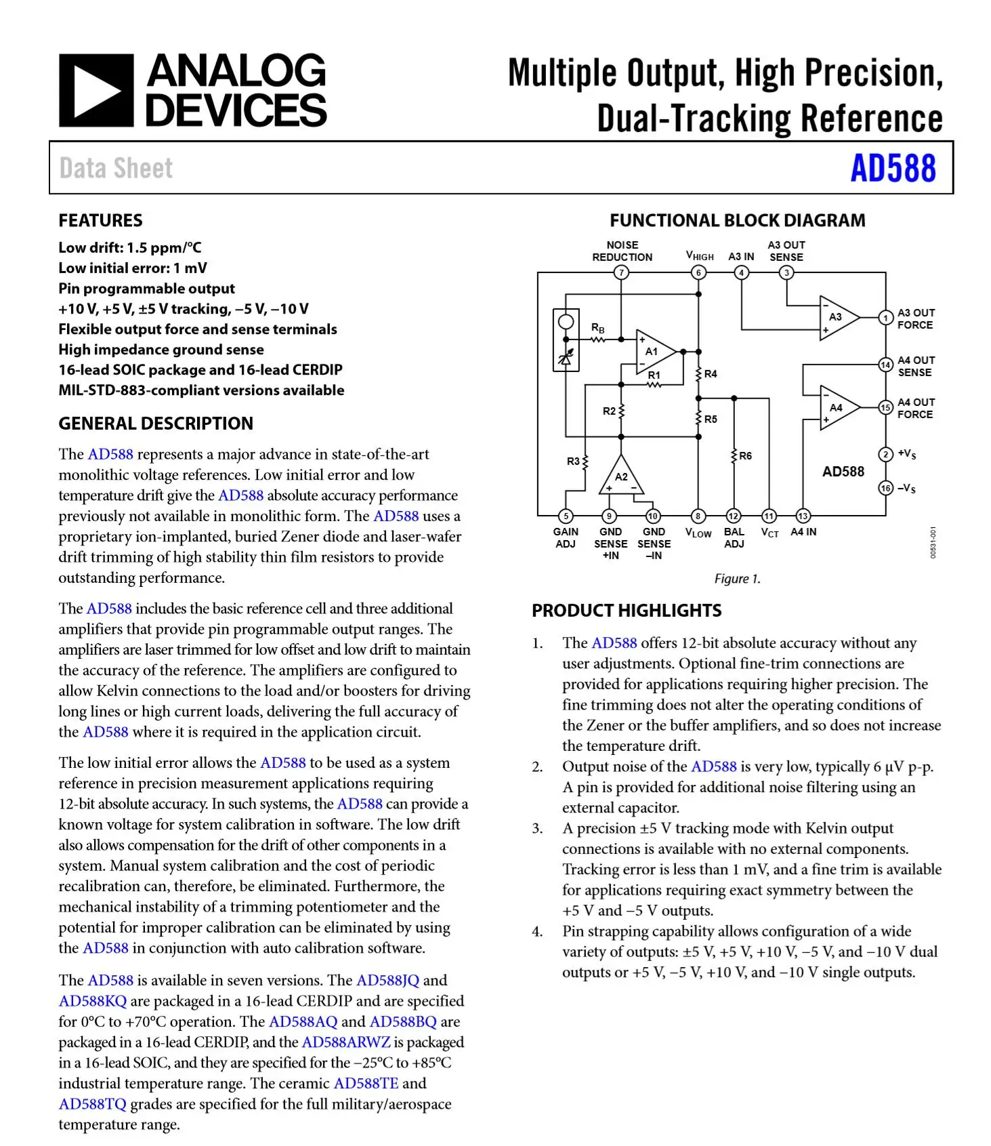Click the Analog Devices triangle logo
tap(96, 90)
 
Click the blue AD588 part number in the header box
tap(893, 169)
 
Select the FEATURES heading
tap(100, 220)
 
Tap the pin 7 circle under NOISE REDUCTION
tap(621, 272)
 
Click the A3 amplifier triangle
tap(837, 317)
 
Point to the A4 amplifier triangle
tap(837, 408)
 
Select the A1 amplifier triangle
tap(654, 352)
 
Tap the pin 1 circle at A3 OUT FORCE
tap(885, 318)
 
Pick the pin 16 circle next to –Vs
tap(885, 488)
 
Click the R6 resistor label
tap(745, 456)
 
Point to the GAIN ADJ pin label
tap(566, 538)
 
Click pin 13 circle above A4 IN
tap(803, 516)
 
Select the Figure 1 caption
tap(737, 579)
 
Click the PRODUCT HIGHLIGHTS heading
tap(627, 611)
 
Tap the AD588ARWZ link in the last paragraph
tap(345, 1042)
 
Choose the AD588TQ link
tap(92, 1103)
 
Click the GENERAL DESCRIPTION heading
tap(156, 424)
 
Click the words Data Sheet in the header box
tap(116, 169)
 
